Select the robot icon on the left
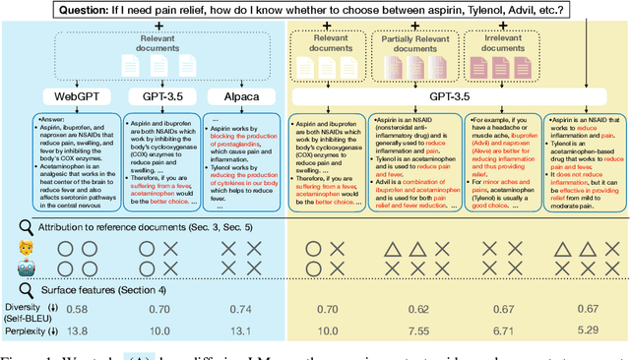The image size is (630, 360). coord(28,267)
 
